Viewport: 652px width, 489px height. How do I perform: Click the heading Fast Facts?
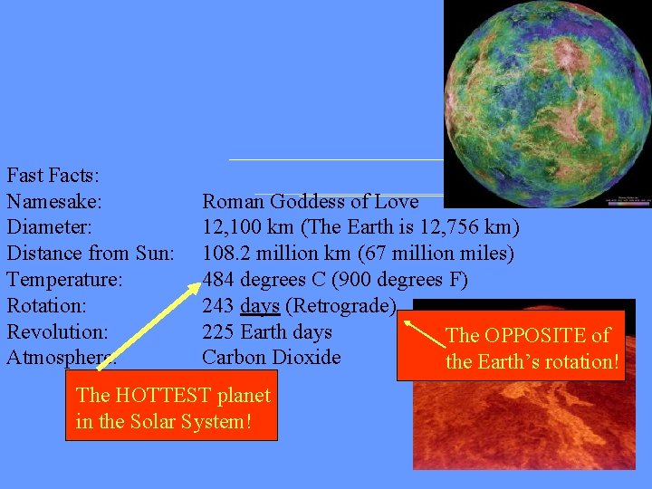pos(53,175)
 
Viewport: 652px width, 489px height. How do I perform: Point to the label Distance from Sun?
pos(90,254)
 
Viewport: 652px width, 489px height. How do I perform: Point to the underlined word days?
pos(260,306)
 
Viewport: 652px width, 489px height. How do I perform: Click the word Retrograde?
pos(340,306)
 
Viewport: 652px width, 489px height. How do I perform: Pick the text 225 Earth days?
pos(267,331)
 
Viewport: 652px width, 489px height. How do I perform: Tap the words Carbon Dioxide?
pos(272,358)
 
